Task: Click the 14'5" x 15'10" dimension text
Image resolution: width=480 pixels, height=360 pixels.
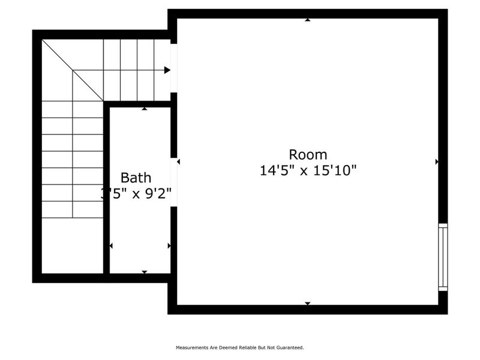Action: pos(308,170)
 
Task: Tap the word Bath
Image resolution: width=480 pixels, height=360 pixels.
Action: pos(136,178)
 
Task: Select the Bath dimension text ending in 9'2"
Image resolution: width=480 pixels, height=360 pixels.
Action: pos(137,194)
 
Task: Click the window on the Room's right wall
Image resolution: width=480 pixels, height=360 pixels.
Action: pos(443,257)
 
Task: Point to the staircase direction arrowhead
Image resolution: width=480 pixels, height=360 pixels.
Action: pos(167,70)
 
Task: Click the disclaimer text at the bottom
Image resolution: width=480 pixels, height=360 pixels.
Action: pos(239,347)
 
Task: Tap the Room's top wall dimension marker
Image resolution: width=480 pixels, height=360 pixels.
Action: pos(308,20)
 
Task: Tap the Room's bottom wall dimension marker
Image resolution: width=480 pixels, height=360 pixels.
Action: pos(308,303)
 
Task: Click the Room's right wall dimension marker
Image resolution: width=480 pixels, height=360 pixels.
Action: pos(436,161)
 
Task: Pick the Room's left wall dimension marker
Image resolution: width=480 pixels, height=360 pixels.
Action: pos(179,161)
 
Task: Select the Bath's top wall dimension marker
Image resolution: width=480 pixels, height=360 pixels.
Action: pos(144,109)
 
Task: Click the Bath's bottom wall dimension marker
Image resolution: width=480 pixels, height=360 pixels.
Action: pos(144,272)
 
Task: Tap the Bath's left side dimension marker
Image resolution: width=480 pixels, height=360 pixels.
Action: pos(111,246)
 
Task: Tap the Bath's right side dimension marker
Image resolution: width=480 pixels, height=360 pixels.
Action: pos(169,246)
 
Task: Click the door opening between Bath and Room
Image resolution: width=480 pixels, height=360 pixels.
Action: pos(173,182)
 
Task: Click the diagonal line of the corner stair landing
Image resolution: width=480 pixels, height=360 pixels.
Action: pos(72,70)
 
